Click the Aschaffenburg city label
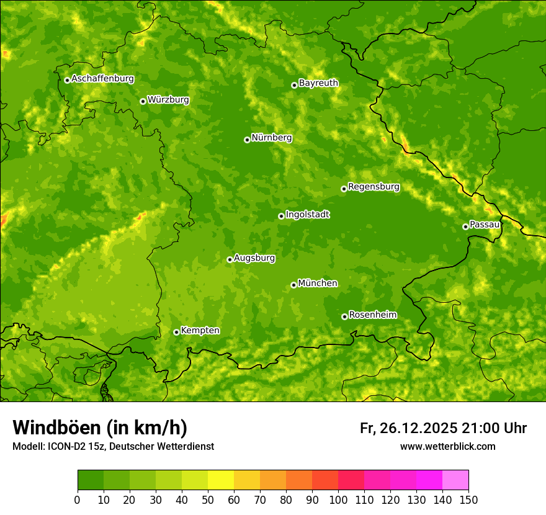102,79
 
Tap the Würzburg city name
168,100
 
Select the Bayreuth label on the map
318,83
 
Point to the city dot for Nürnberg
247,140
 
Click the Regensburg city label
374,187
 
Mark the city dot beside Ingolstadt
281,216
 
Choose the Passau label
485,225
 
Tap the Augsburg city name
254,258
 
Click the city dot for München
293,285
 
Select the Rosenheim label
372,315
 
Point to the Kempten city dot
176,332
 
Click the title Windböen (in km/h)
100,428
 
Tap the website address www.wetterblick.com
447,446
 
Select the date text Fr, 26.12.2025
408,428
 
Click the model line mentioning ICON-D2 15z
113,446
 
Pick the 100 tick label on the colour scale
338,499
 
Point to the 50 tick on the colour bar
208,499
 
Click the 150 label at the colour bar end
468,499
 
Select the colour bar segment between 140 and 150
455,480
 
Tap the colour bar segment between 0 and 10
91,480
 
